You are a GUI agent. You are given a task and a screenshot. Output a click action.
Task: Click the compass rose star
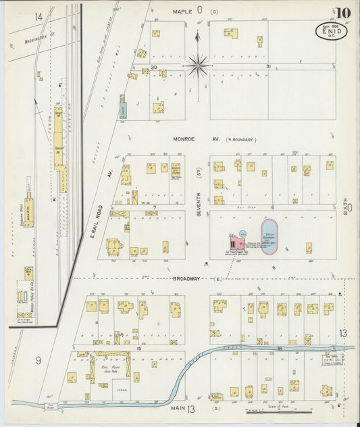(x=198, y=65)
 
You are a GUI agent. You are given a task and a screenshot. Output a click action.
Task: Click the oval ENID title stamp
(x=332, y=31)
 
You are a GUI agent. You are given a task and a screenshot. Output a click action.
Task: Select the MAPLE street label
(x=183, y=11)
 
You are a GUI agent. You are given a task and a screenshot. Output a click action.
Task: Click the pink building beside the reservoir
(x=237, y=243)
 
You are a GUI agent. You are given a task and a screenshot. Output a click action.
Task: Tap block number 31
(x=268, y=67)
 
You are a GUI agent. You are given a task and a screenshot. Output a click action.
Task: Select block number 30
(x=154, y=67)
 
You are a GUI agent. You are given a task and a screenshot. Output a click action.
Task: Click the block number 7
(x=155, y=207)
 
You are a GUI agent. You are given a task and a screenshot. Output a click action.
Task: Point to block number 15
(x=138, y=347)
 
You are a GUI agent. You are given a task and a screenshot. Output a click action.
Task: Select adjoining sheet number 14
(x=38, y=16)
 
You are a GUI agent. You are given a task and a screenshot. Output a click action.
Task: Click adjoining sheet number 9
(x=38, y=360)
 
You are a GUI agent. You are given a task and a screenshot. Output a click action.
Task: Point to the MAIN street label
(x=178, y=408)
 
